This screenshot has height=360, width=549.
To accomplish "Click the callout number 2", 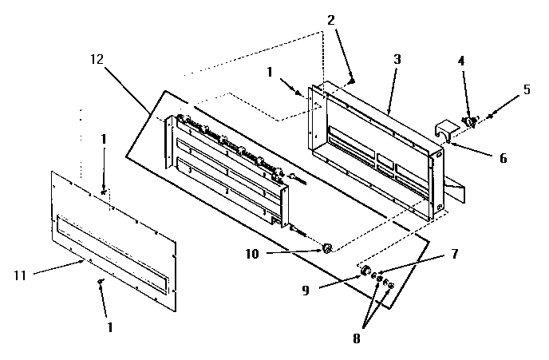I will click(330, 21).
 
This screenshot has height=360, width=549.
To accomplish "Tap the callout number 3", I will click(397, 59).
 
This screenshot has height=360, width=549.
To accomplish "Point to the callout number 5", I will click(527, 89).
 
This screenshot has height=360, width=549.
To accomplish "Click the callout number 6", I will click(503, 158).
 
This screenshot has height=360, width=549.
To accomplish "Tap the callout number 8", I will click(357, 338).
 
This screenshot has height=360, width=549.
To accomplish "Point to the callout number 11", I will click(21, 275).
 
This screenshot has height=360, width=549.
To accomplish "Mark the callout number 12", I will click(97, 60).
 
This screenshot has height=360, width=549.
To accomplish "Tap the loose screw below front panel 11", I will click(101, 283).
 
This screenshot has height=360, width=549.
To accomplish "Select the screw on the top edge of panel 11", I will click(105, 190).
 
